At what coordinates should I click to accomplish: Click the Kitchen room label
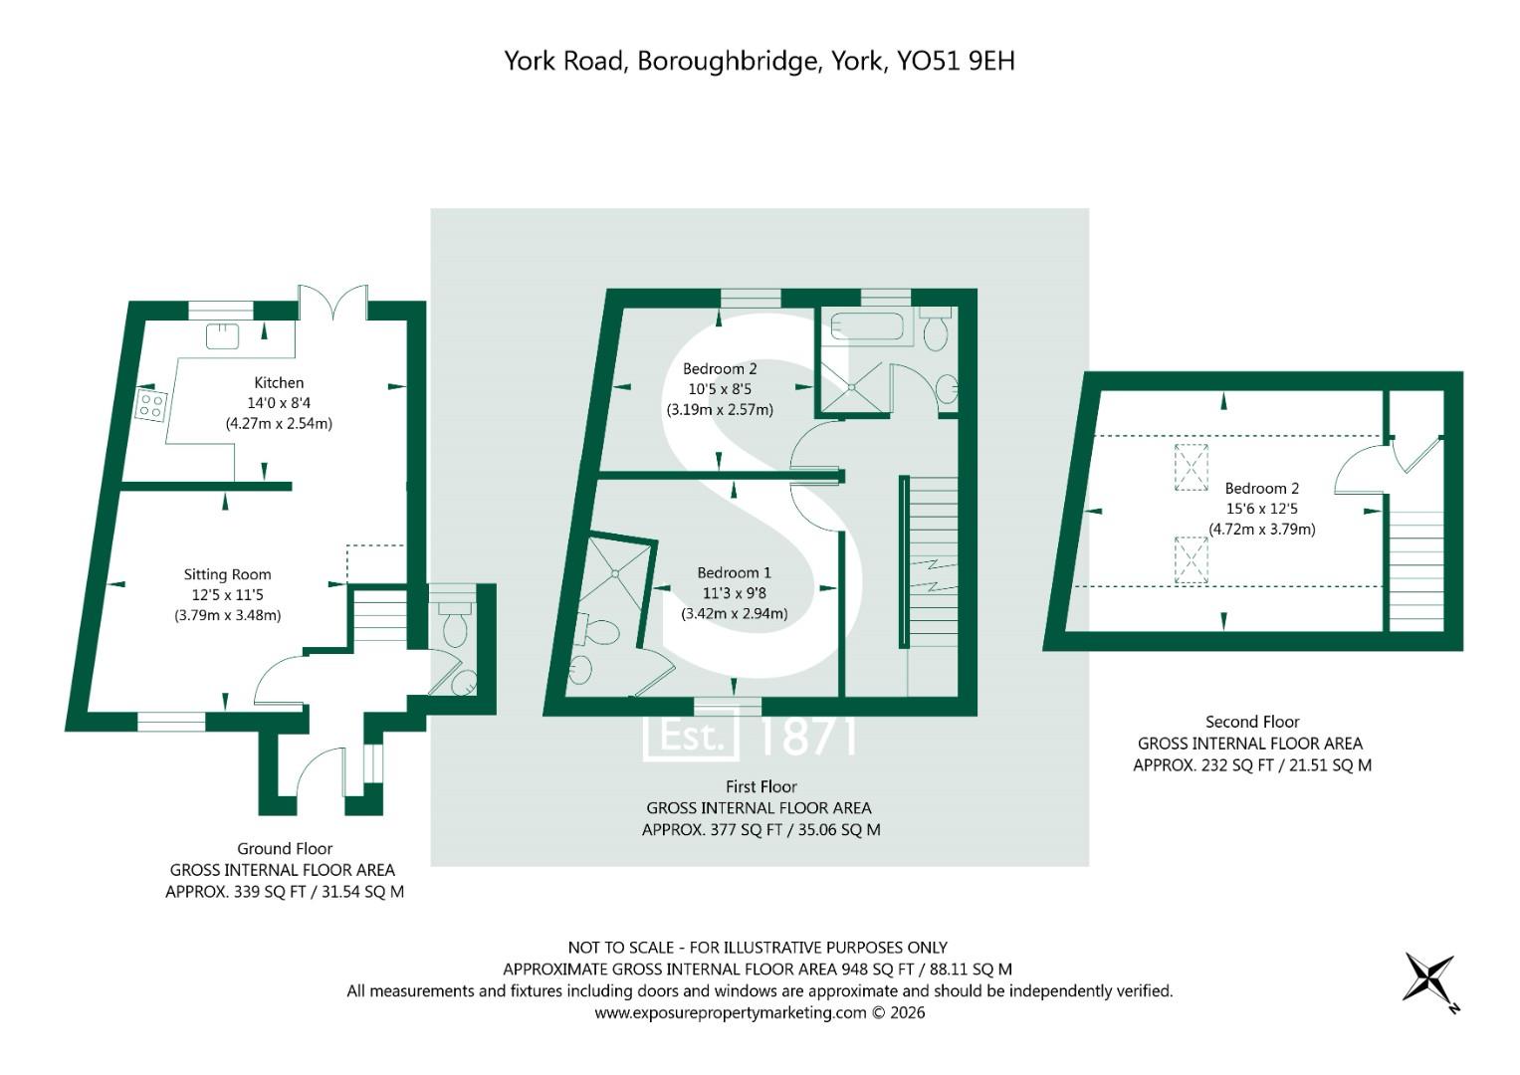(x=279, y=382)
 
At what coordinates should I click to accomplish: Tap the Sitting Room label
(x=227, y=574)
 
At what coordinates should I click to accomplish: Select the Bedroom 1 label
(x=734, y=572)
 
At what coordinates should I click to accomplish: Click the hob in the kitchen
(x=151, y=405)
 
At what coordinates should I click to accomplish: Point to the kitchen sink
(x=222, y=335)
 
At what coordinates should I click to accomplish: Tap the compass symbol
(x=1429, y=978)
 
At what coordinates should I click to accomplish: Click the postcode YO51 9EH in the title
(x=956, y=61)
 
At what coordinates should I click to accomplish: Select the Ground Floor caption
(x=285, y=849)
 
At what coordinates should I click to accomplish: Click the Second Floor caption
(x=1252, y=722)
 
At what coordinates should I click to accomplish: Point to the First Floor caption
(x=761, y=786)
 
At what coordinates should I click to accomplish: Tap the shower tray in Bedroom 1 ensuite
(x=614, y=573)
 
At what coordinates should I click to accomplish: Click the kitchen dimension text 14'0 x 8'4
(x=279, y=403)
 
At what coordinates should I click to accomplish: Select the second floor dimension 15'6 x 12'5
(x=1261, y=509)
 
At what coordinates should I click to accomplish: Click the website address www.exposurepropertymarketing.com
(x=731, y=1013)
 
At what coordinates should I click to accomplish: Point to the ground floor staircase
(x=378, y=617)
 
